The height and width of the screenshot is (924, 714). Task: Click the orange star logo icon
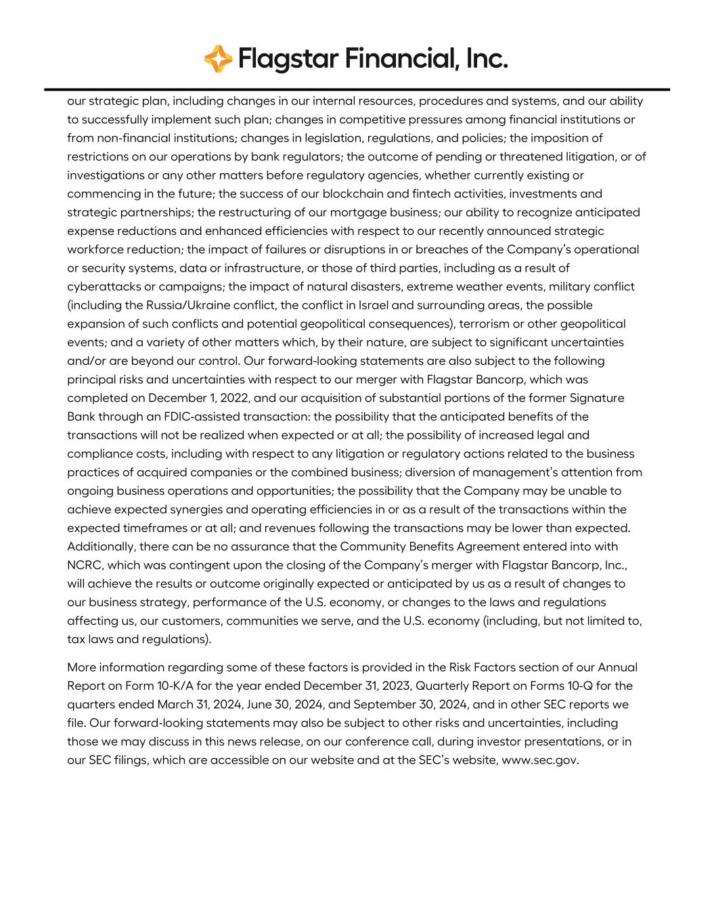click(218, 60)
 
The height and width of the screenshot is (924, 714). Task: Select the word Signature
click(596, 398)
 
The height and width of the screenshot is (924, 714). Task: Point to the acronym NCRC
click(84, 565)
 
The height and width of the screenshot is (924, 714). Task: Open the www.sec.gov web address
click(540, 760)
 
